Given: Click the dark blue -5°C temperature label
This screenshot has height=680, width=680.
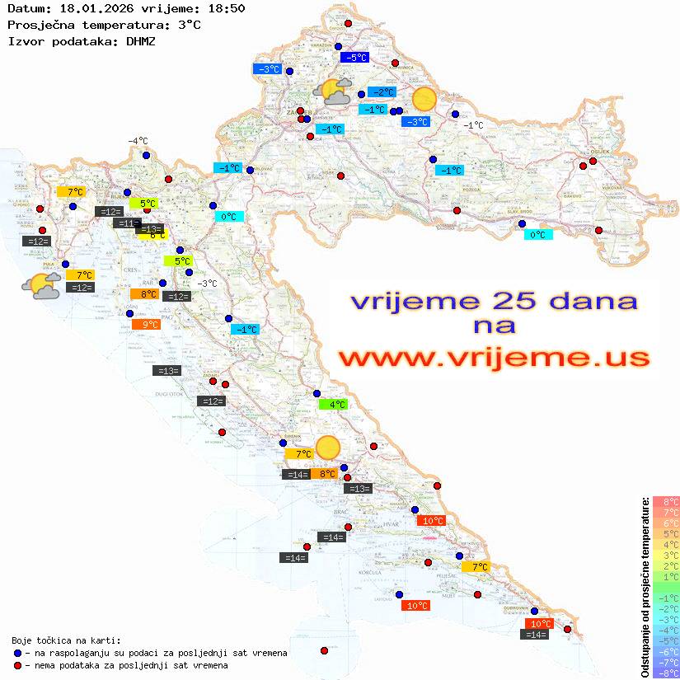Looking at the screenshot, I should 354,58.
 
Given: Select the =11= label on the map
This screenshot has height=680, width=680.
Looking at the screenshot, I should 127,223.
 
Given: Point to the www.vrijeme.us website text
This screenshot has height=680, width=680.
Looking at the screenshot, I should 494,359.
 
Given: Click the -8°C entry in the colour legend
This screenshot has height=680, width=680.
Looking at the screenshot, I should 665,673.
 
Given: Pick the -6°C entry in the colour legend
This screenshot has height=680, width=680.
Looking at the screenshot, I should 665,651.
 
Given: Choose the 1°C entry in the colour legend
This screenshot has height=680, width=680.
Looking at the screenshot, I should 665,577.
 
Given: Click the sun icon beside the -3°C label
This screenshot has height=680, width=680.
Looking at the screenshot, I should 424,99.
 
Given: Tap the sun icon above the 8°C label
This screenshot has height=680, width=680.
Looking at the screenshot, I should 328,448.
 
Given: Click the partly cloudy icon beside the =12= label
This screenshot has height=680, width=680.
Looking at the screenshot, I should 40,286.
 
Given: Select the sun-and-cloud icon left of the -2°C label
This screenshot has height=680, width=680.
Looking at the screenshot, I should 335,91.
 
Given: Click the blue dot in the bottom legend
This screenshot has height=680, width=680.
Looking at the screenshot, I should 17,653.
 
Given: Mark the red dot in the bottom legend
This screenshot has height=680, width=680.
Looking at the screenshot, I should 17,665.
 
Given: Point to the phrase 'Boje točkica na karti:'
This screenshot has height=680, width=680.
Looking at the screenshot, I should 66,640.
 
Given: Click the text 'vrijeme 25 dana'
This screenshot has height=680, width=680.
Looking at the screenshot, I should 494,301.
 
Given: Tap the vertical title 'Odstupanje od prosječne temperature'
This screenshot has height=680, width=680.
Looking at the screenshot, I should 645,587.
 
